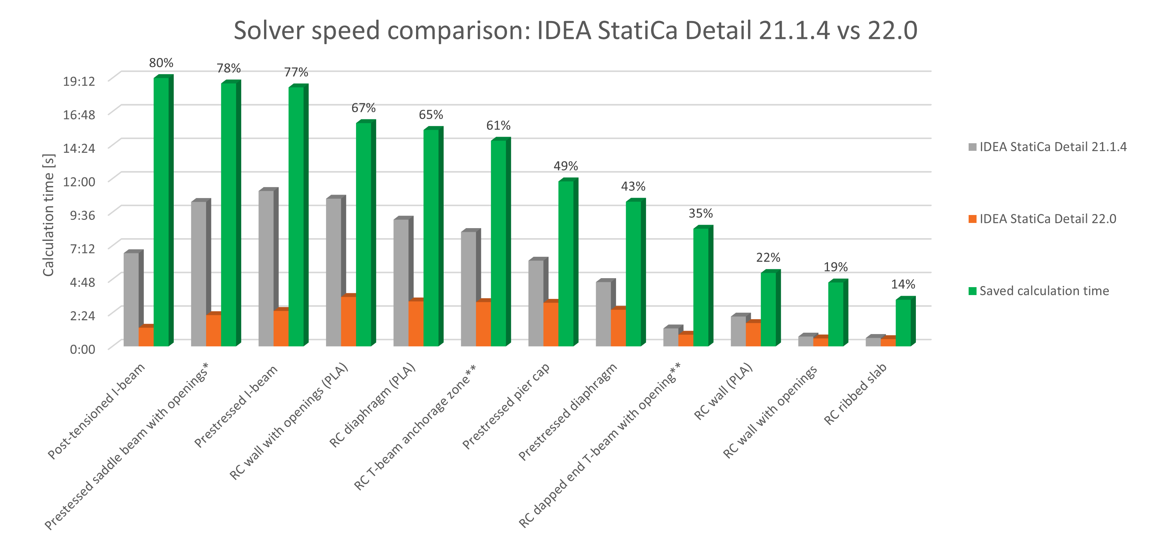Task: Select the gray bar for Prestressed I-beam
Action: [x=266, y=268]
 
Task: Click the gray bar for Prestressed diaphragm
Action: [x=603, y=314]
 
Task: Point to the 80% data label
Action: [x=161, y=63]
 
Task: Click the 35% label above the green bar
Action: [x=700, y=214]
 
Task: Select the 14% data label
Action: [x=903, y=284]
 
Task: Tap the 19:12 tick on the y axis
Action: [x=79, y=81]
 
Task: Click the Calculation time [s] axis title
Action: [x=48, y=215]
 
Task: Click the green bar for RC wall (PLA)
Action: [x=768, y=309]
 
